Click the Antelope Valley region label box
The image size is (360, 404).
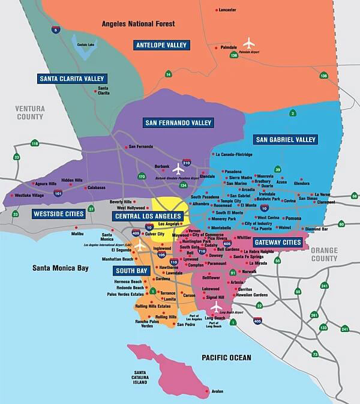click(161, 45)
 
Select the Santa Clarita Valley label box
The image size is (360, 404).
click(72, 79)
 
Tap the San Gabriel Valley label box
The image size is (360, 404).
click(286, 140)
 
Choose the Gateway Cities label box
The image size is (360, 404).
click(277, 242)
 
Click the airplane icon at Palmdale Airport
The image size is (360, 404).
click(249, 43)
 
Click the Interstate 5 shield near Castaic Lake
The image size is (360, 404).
click(56, 29)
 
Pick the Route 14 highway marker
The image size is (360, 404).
click(169, 74)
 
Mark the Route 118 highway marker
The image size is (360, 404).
click(35, 143)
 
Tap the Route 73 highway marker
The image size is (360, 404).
click(315, 354)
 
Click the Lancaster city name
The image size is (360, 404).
click(227, 10)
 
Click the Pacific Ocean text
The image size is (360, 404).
click(226, 358)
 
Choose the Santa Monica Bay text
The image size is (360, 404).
click(61, 268)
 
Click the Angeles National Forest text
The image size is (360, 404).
click(139, 24)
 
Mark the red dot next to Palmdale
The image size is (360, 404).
click(216, 47)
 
